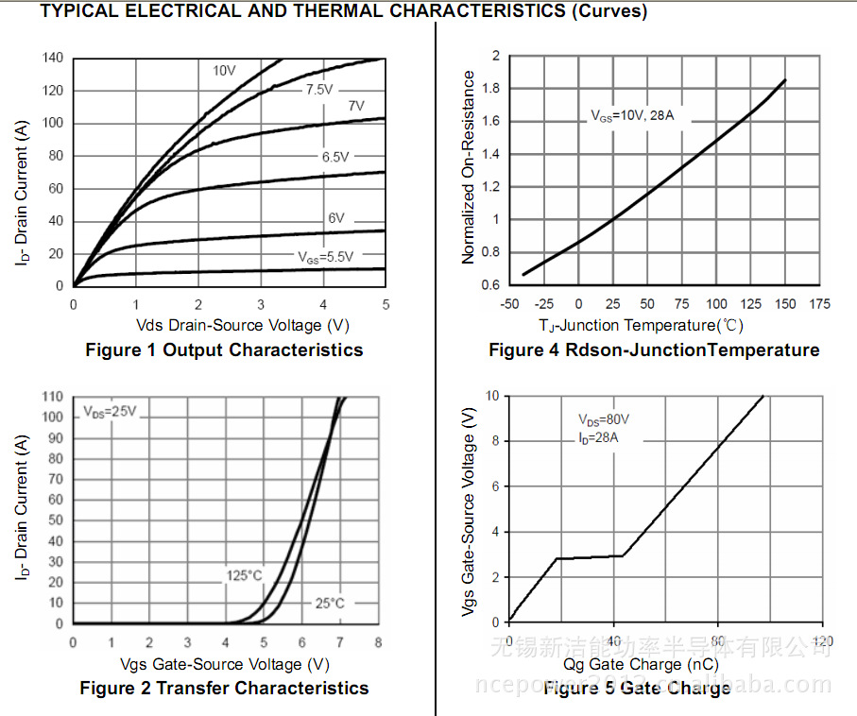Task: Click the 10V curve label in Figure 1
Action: coord(224,71)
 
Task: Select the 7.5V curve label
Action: coord(318,90)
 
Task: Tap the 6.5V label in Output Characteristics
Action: coord(335,158)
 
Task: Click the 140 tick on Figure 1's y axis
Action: coord(53,58)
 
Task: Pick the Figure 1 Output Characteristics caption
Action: coord(224,350)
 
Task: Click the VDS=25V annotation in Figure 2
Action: coord(110,412)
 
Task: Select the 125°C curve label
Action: coord(244,575)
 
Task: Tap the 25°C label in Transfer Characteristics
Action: coord(330,603)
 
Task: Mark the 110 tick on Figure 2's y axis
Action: coord(53,397)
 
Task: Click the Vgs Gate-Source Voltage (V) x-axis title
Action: coord(226,665)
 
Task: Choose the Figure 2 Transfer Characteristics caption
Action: coord(224,689)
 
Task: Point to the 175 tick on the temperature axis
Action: coord(820,304)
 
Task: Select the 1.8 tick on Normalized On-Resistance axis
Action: coord(489,89)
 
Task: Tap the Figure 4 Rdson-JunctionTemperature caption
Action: coord(654,350)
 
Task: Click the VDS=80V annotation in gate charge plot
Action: coord(604,419)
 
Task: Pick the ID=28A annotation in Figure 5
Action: coord(598,437)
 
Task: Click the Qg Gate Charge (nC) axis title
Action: coord(641,665)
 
